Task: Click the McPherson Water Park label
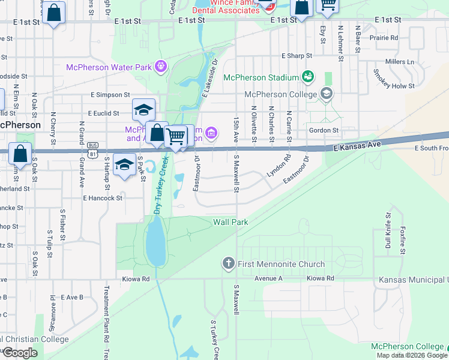(x=109, y=67)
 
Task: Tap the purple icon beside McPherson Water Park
(x=160, y=66)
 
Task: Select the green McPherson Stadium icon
(x=308, y=76)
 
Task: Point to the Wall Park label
(x=231, y=222)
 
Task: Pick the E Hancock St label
(x=103, y=197)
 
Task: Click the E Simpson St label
(x=110, y=95)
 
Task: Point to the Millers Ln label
(x=400, y=62)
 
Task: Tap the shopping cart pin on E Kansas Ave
(x=175, y=136)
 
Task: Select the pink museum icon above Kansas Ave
(x=211, y=133)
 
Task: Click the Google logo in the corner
(x=20, y=353)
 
